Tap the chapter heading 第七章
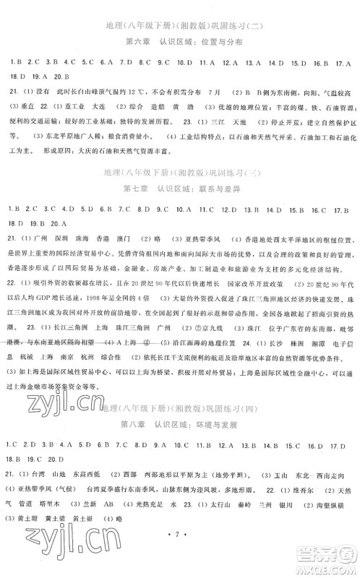tap(137, 190)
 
